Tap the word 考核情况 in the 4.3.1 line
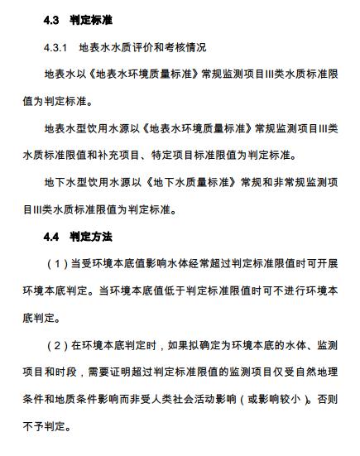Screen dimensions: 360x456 186,46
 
